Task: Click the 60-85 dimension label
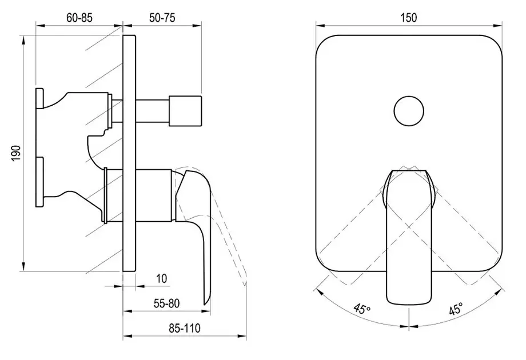pyautogui.click(x=79, y=18)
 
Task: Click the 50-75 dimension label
pyautogui.click(x=162, y=18)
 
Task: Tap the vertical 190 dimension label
pyautogui.click(x=16, y=153)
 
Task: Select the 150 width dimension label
pyautogui.click(x=409, y=18)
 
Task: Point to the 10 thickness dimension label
pyautogui.click(x=162, y=278)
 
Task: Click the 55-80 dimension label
pyautogui.click(x=167, y=303)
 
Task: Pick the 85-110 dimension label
pyautogui.click(x=184, y=328)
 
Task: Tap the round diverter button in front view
pyautogui.click(x=409, y=111)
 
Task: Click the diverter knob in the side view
pyautogui.click(x=185, y=111)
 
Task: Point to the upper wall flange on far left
pyautogui.click(x=39, y=98)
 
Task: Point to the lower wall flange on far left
pyautogui.click(x=39, y=182)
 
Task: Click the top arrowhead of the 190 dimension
pyautogui.click(x=23, y=39)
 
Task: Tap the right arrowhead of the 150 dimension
pyautogui.click(x=498, y=25)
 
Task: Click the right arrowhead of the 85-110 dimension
pyautogui.click(x=242, y=336)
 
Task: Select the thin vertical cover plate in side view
pyautogui.click(x=129, y=153)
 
